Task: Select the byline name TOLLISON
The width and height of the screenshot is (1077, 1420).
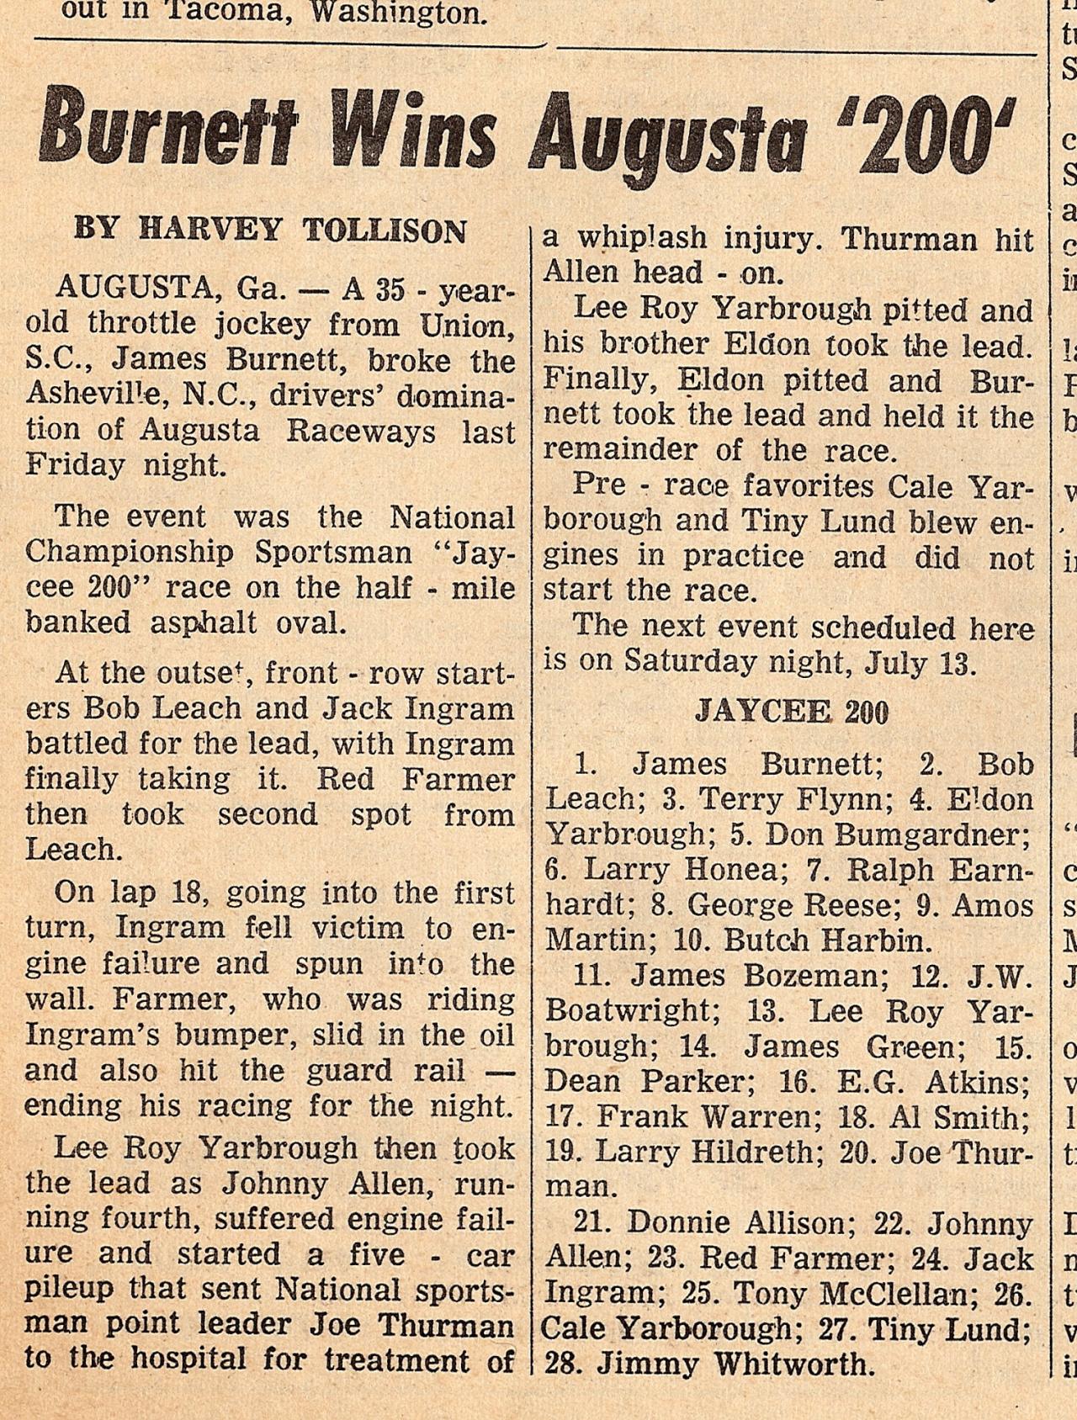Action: [384, 230]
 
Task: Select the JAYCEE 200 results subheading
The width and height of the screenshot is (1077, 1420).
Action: [791, 713]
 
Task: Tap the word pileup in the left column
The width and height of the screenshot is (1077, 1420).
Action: [74, 1290]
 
